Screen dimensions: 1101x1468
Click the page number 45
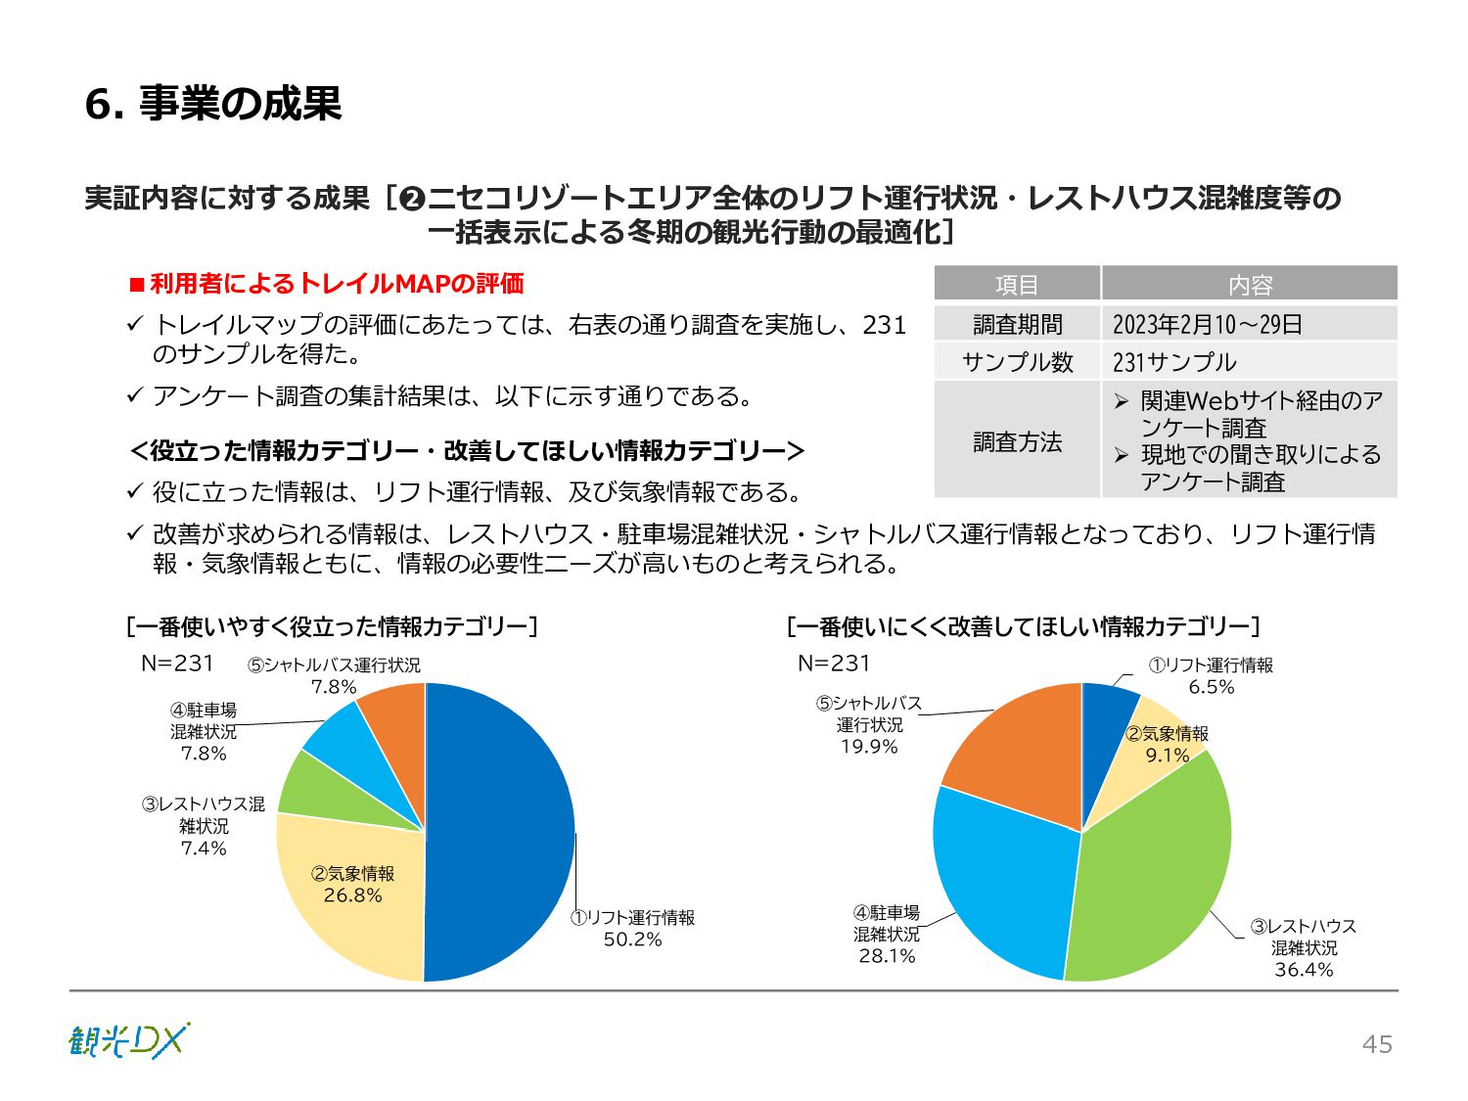(1377, 1044)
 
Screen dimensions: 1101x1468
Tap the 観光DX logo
(129, 1040)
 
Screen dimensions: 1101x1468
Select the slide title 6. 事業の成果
(213, 104)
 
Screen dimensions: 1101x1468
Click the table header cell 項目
(1017, 285)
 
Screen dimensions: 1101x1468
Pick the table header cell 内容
(1250, 285)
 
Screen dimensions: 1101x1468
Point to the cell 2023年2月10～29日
(1208, 324)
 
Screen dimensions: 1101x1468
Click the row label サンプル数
(1017, 362)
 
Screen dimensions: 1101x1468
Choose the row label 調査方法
(1017, 441)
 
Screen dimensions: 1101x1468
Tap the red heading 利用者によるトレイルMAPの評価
(336, 284)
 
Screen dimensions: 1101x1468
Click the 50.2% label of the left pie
(632, 940)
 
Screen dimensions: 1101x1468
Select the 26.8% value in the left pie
(352, 895)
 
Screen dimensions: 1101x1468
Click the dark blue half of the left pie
(499, 832)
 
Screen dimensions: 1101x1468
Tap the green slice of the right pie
(1155, 881)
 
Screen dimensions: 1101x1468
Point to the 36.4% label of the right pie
(1304, 970)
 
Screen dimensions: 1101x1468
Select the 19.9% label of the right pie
(869, 747)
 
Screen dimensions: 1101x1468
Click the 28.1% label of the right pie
(887, 956)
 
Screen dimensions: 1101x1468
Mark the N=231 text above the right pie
(834, 664)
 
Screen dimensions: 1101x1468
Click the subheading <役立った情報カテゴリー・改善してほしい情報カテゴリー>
(468, 451)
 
